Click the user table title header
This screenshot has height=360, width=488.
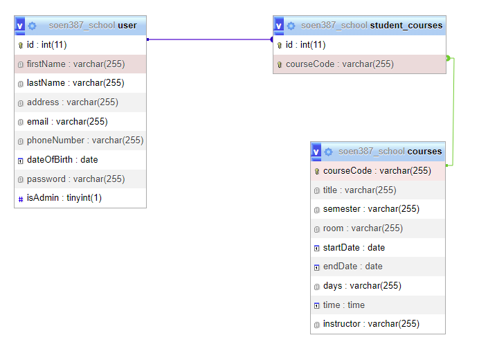pos(93,26)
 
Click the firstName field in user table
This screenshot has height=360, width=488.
pos(75,64)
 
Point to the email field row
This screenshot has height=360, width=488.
pos(67,121)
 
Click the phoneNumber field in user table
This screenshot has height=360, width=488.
pos(84,141)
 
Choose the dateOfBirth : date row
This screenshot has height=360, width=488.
pos(62,159)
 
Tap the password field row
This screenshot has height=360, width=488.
pos(75,179)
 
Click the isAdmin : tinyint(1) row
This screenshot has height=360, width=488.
pos(64,198)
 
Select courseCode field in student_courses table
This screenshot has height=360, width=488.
pos(339,64)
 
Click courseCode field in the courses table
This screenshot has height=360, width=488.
pos(377,170)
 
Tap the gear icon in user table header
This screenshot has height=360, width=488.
pos(32,26)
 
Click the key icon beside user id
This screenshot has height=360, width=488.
pos(21,45)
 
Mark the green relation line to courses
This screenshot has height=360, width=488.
pos(453,111)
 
